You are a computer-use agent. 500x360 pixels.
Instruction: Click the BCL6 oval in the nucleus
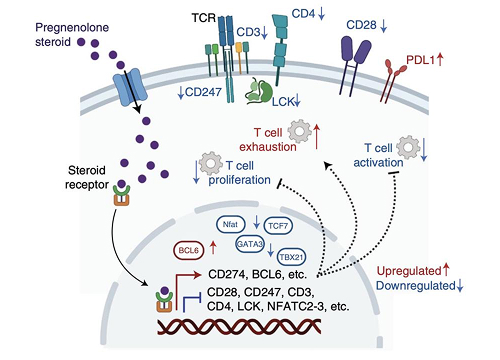click(189, 249)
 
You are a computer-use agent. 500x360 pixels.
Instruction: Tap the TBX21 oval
click(291, 255)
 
